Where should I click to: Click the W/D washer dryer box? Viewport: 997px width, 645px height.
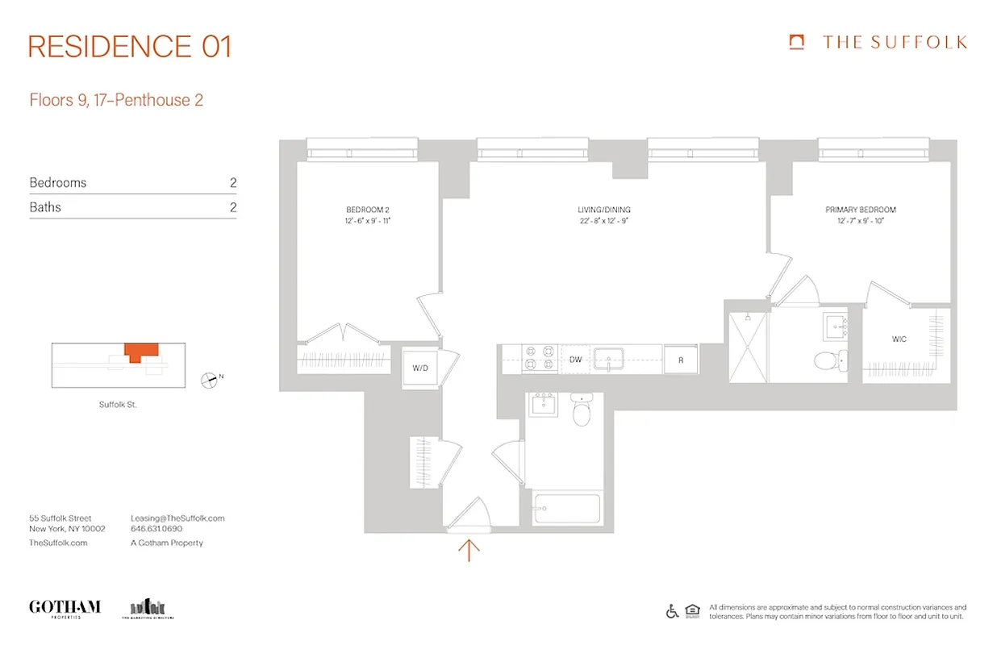pyautogui.click(x=420, y=368)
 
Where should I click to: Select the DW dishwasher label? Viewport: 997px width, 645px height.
pyautogui.click(x=575, y=360)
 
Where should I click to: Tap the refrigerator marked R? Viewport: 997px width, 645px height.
pyautogui.click(x=681, y=360)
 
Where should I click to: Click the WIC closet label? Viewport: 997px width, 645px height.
pyautogui.click(x=899, y=339)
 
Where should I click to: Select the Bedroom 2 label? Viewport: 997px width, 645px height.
pyautogui.click(x=369, y=210)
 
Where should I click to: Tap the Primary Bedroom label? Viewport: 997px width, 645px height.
pyautogui.click(x=860, y=210)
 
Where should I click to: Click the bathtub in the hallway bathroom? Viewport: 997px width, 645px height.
pyautogui.click(x=566, y=510)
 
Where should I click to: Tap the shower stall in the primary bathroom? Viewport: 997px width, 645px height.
pyautogui.click(x=747, y=347)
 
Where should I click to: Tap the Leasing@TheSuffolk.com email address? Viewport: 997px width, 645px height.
pyautogui.click(x=177, y=518)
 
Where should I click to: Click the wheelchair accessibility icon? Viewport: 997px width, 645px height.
pyautogui.click(x=672, y=611)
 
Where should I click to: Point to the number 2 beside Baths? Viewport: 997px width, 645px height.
pyautogui.click(x=233, y=207)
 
